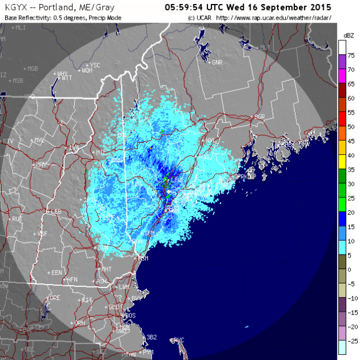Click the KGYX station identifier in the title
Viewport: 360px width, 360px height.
[x=16, y=7]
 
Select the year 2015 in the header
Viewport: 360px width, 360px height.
[x=321, y=7]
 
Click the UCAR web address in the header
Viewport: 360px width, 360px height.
[x=276, y=18]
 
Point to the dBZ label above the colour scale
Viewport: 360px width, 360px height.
[x=348, y=35]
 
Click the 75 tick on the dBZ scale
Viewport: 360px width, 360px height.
[x=350, y=56]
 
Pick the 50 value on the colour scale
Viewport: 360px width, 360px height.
[x=350, y=127]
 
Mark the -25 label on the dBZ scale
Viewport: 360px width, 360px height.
[x=350, y=340]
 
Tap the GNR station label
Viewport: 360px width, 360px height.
[x=217, y=62]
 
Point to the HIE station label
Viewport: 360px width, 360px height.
[x=101, y=151]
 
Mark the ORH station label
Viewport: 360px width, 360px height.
[x=79, y=324]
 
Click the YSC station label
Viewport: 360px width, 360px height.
[x=95, y=65]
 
